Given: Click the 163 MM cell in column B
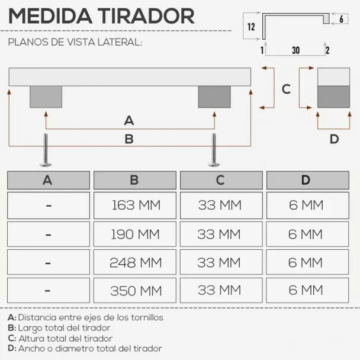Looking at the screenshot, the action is point(135,205).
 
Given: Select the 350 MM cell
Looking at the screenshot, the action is point(135,291).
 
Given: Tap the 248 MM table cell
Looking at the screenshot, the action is point(135,262).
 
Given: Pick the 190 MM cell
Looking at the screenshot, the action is point(135,234).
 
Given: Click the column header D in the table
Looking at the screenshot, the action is point(308,180).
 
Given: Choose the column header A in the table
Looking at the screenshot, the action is point(49,180).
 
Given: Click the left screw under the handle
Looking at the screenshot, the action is point(46,150).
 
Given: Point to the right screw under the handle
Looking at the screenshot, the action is point(214,150).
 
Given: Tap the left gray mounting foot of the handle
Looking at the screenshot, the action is point(46,97).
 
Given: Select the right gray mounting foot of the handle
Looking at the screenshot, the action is point(214,97).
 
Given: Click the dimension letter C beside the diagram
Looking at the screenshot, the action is point(286,89).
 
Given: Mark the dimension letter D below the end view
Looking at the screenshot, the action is point(334,139).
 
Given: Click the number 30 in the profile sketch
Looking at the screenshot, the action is point(295,50).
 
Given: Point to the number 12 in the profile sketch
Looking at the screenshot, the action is point(251,27).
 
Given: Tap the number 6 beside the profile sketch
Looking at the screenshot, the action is point(341,19).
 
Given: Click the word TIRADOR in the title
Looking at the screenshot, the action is point(146,16).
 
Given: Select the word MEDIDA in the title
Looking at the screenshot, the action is point(50,16).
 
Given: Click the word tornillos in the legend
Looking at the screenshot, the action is point(147,317).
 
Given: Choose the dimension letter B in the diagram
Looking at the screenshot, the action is point(129,139).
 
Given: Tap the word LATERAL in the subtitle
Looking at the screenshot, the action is point(120,42).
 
